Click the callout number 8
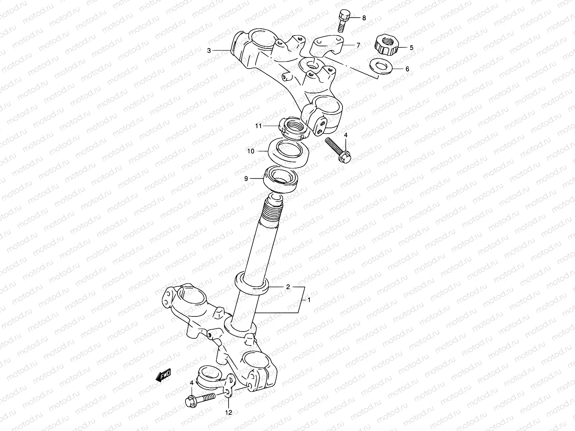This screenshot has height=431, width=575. (x=364, y=18)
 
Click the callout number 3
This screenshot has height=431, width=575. (x=209, y=51)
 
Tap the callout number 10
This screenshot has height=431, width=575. (x=261, y=151)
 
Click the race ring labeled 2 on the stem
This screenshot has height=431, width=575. (x=251, y=283)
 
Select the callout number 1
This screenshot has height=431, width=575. (x=309, y=300)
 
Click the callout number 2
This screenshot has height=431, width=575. (x=288, y=287)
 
